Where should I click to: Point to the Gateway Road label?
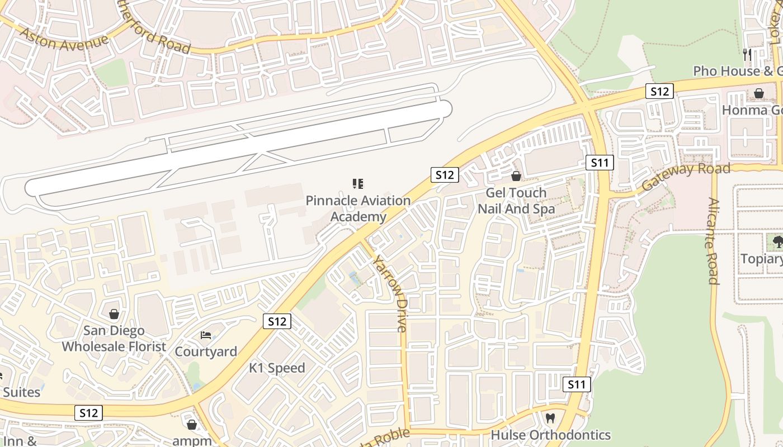click(686, 175)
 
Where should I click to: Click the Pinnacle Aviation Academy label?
click(358, 208)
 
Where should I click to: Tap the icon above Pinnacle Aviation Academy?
click(358, 184)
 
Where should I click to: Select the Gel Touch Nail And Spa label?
click(516, 201)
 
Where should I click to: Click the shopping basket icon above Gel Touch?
click(516, 177)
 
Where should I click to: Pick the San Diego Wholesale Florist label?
click(114, 339)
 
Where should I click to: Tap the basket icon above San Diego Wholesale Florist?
click(114, 315)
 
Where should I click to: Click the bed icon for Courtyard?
click(206, 335)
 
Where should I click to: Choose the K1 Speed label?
click(277, 368)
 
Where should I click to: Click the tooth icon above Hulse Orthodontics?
click(550, 418)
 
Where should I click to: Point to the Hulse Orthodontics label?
click(550, 435)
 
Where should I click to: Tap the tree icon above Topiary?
click(777, 242)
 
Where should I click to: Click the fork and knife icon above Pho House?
click(747, 54)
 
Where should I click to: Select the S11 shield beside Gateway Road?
click(600, 163)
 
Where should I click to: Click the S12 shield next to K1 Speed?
click(277, 321)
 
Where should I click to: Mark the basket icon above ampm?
click(192, 425)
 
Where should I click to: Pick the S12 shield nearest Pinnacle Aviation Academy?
click(445, 175)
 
